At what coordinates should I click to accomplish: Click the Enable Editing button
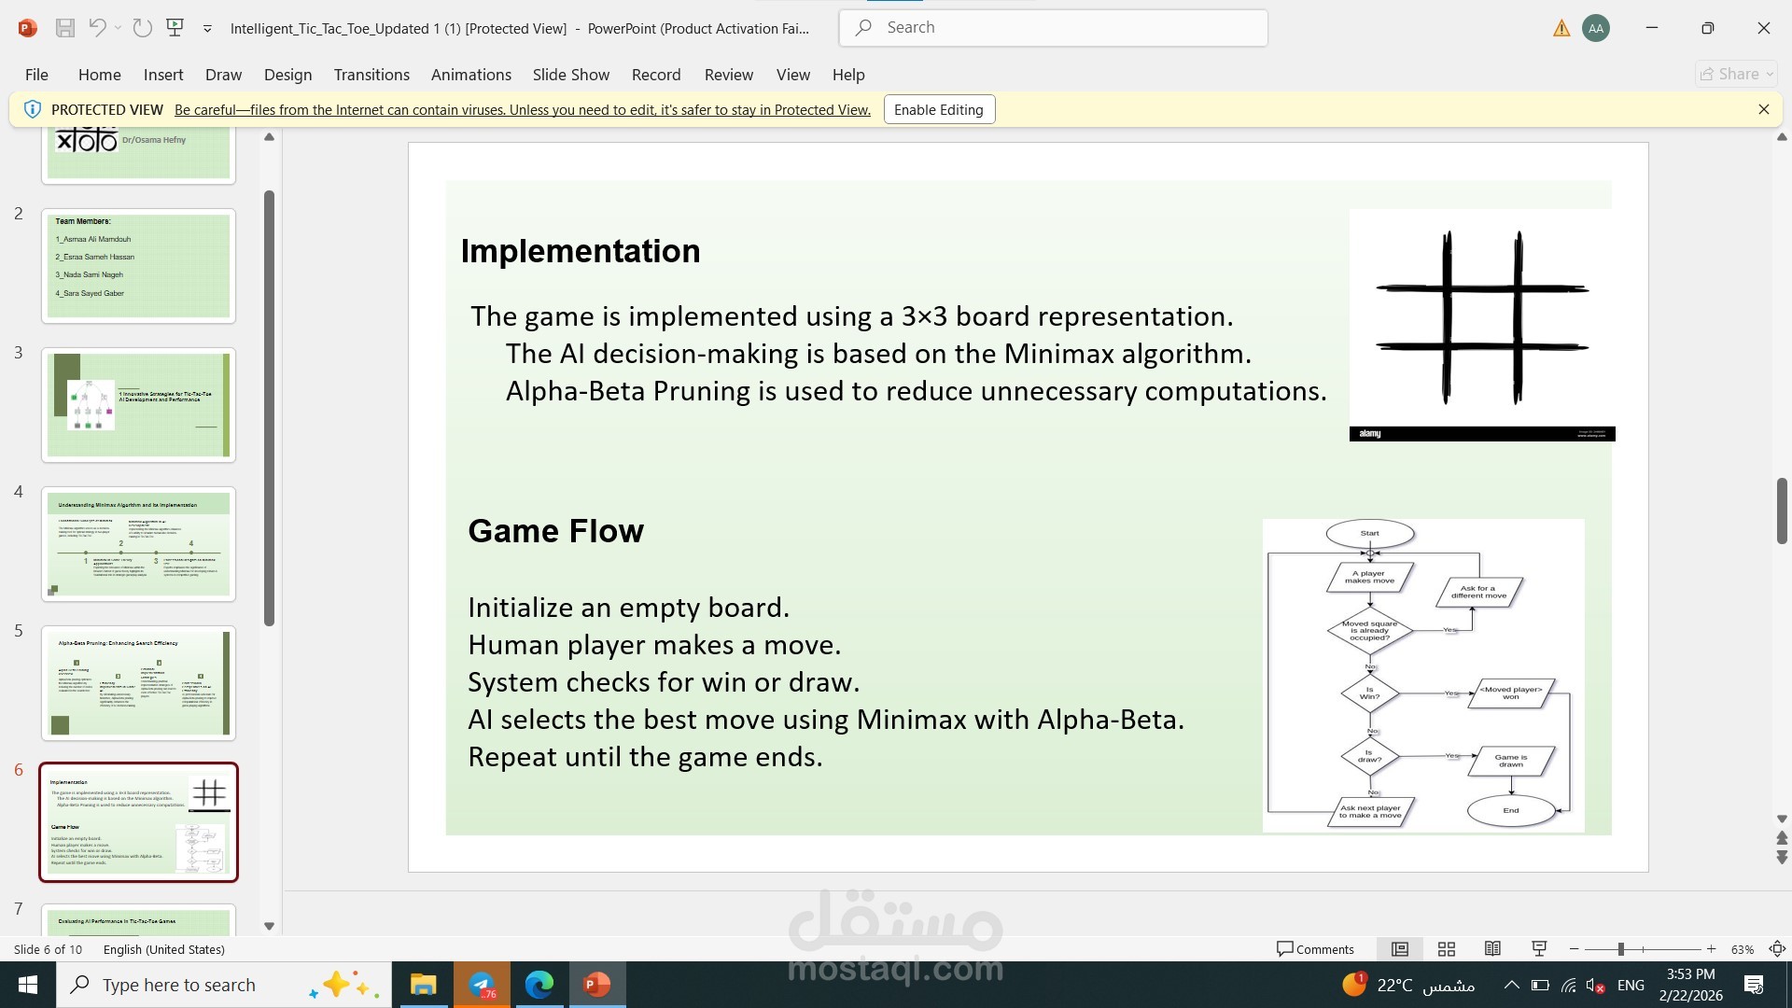pos(938,110)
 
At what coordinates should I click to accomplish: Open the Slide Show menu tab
pos(570,75)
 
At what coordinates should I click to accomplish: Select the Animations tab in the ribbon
pos(470,75)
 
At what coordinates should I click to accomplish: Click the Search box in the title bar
pos(1053,28)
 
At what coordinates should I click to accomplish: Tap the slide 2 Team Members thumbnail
pos(138,266)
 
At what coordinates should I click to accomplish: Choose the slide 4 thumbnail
pos(138,544)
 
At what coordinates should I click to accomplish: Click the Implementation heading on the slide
pos(580,251)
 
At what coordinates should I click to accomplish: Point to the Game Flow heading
pos(555,531)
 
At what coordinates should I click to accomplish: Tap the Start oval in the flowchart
pos(1369,534)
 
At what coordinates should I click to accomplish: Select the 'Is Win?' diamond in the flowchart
pos(1369,693)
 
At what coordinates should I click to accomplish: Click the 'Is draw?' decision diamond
pos(1369,756)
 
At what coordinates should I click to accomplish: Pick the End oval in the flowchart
pos(1510,810)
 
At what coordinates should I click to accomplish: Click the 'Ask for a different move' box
pos(1478,592)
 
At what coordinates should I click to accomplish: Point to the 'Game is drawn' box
pos(1510,761)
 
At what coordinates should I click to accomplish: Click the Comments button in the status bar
pos(1315,949)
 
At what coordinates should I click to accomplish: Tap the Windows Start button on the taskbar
pos(28,985)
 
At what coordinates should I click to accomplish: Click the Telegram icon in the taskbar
pos(482,985)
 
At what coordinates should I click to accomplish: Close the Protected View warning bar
pos(1763,109)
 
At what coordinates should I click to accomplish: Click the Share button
pos(1735,74)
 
